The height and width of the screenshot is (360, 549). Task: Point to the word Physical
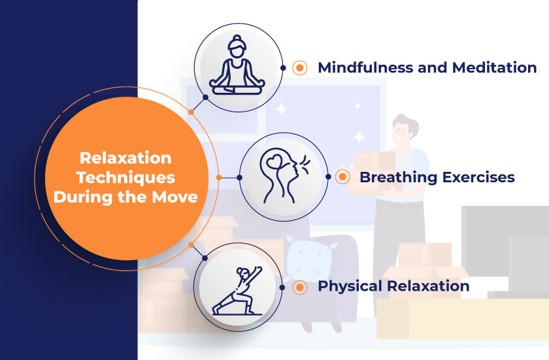350,286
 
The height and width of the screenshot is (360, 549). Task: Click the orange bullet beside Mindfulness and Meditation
300,67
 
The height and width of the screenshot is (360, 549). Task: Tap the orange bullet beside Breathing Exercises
342,177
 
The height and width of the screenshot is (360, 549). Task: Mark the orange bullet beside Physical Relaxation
300,286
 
